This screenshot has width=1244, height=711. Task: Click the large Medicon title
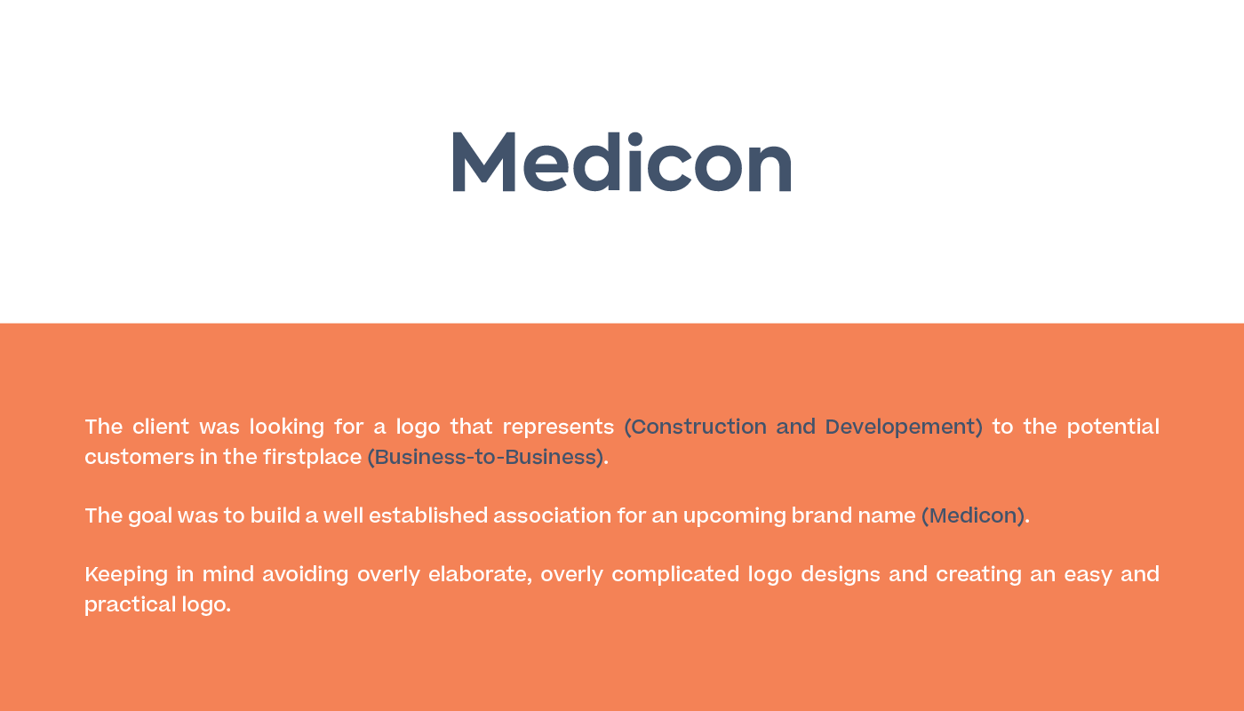click(622, 162)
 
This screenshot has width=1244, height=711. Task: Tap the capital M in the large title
click(484, 162)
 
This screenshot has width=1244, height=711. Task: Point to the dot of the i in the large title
click(634, 139)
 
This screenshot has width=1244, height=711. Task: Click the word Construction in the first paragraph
click(698, 427)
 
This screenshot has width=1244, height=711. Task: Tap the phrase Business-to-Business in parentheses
click(486, 457)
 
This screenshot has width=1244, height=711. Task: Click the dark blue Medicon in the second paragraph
click(973, 515)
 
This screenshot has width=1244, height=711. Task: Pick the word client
click(161, 427)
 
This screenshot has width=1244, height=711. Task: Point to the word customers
click(140, 458)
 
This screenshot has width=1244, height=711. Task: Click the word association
click(552, 515)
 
